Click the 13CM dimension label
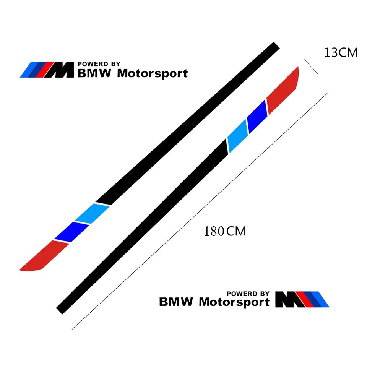pos(341,52)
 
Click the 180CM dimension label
pos(225,231)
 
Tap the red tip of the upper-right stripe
pos(283,90)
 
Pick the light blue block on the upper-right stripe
pos(237,136)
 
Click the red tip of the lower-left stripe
pos(44,256)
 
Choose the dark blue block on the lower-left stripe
pos(71,232)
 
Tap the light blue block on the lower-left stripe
pos(92,213)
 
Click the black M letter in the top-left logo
pos(60,70)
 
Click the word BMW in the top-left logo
pos(94,73)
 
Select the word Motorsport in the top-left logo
pos(153,74)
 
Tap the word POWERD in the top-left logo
pos(93,64)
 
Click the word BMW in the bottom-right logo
pos(176,302)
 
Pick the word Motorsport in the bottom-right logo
pos(234,302)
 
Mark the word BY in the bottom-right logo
pos(265,294)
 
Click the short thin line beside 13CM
pos(311,67)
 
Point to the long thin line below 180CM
pos(200,211)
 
